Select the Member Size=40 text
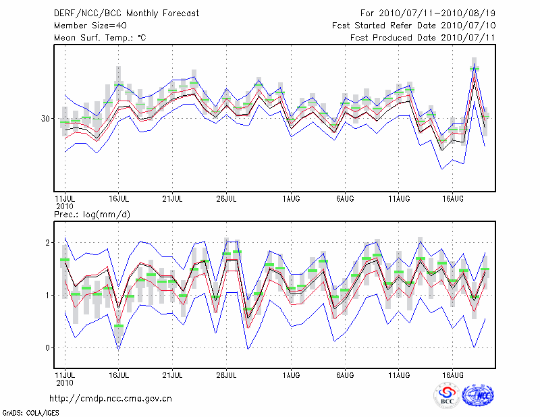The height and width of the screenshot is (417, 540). (85, 26)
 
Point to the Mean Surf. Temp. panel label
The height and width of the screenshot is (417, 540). (100, 38)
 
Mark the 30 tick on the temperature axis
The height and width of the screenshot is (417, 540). (46, 119)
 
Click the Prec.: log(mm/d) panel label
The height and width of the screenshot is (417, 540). (92, 215)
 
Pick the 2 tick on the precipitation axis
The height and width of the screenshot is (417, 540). (49, 242)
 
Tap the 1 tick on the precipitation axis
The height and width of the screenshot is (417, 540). (49, 295)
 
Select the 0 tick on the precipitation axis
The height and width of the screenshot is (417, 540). (49, 347)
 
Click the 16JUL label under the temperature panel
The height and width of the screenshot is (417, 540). (119, 200)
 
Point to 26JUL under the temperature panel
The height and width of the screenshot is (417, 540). (227, 200)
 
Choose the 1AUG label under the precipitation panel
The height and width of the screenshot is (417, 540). (292, 374)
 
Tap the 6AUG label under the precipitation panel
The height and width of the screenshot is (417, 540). (346, 374)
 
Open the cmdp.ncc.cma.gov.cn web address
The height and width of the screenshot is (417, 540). (111, 398)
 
